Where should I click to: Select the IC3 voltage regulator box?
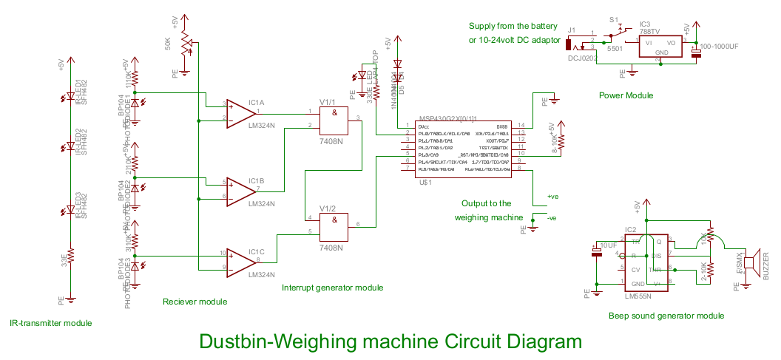coord(661,47)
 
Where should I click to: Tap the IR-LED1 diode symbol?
coord(70,96)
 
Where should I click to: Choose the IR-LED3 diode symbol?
coord(70,211)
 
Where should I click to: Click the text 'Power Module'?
coord(626,95)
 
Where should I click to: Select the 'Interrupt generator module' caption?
coord(333,288)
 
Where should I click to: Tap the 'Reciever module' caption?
coord(195,302)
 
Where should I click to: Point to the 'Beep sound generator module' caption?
coord(666,316)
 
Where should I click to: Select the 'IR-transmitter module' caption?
coord(50,324)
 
